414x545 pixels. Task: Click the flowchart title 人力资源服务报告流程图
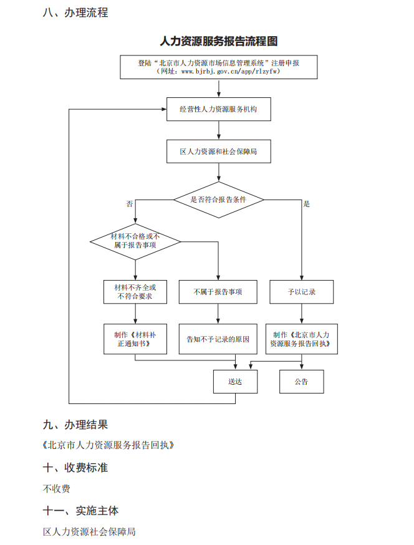coord(218,42)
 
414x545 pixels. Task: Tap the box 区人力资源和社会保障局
coord(218,152)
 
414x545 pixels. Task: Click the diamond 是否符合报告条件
coord(218,200)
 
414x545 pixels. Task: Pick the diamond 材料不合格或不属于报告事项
coord(135,241)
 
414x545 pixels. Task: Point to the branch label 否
coord(130,204)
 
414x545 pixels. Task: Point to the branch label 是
coord(306,204)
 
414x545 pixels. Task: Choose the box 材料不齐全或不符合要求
coord(135,292)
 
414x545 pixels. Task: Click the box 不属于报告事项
coord(218,292)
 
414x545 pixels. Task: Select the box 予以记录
coord(301,292)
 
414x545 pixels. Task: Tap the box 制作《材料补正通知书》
coord(135,339)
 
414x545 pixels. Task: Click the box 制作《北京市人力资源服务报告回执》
coord(301,339)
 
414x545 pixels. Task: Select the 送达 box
coord(235,382)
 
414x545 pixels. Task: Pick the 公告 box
coord(301,382)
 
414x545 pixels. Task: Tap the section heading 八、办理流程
coord(75,12)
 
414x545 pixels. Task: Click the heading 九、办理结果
coord(75,425)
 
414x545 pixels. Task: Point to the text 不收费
coord(57,488)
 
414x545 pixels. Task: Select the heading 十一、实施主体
coord(80,511)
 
